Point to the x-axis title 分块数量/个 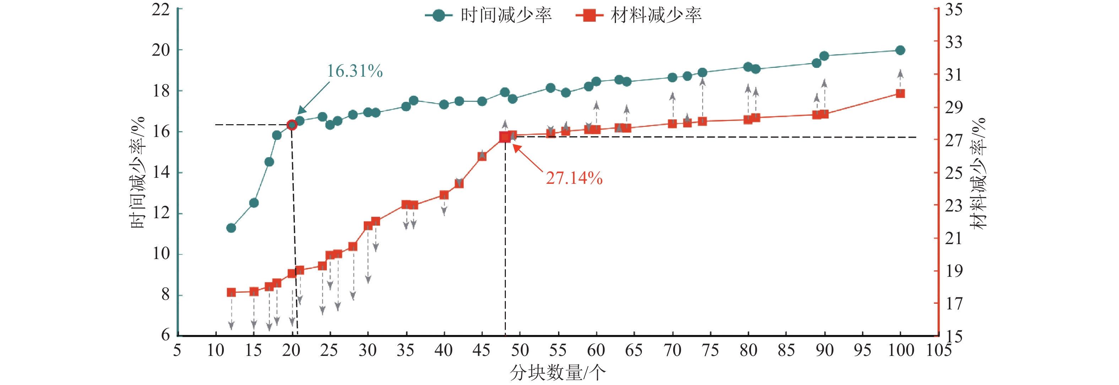click(558, 373)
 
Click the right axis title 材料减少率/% click(978, 173)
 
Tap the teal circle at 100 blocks click(900, 50)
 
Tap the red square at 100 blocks click(900, 93)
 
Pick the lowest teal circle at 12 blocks click(231, 228)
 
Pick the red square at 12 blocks click(231, 292)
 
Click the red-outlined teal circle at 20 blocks click(292, 125)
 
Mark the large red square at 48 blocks click(505, 137)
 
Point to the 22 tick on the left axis click(161, 10)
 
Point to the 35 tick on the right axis click(954, 10)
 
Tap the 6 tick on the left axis click(165, 335)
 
